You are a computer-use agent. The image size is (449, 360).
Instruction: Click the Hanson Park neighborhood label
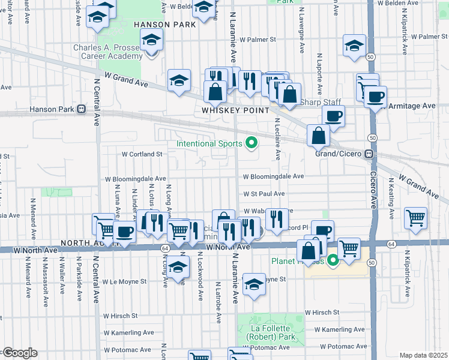pos(164,25)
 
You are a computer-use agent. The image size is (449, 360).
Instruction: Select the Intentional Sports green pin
pos(252,143)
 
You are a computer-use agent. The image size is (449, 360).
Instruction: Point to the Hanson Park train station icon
pos(81,110)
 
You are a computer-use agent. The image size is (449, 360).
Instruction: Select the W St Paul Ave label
pos(264,194)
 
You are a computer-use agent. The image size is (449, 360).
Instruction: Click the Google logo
pos(20,353)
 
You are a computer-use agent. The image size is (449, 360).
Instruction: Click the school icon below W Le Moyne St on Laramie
pos(254,284)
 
